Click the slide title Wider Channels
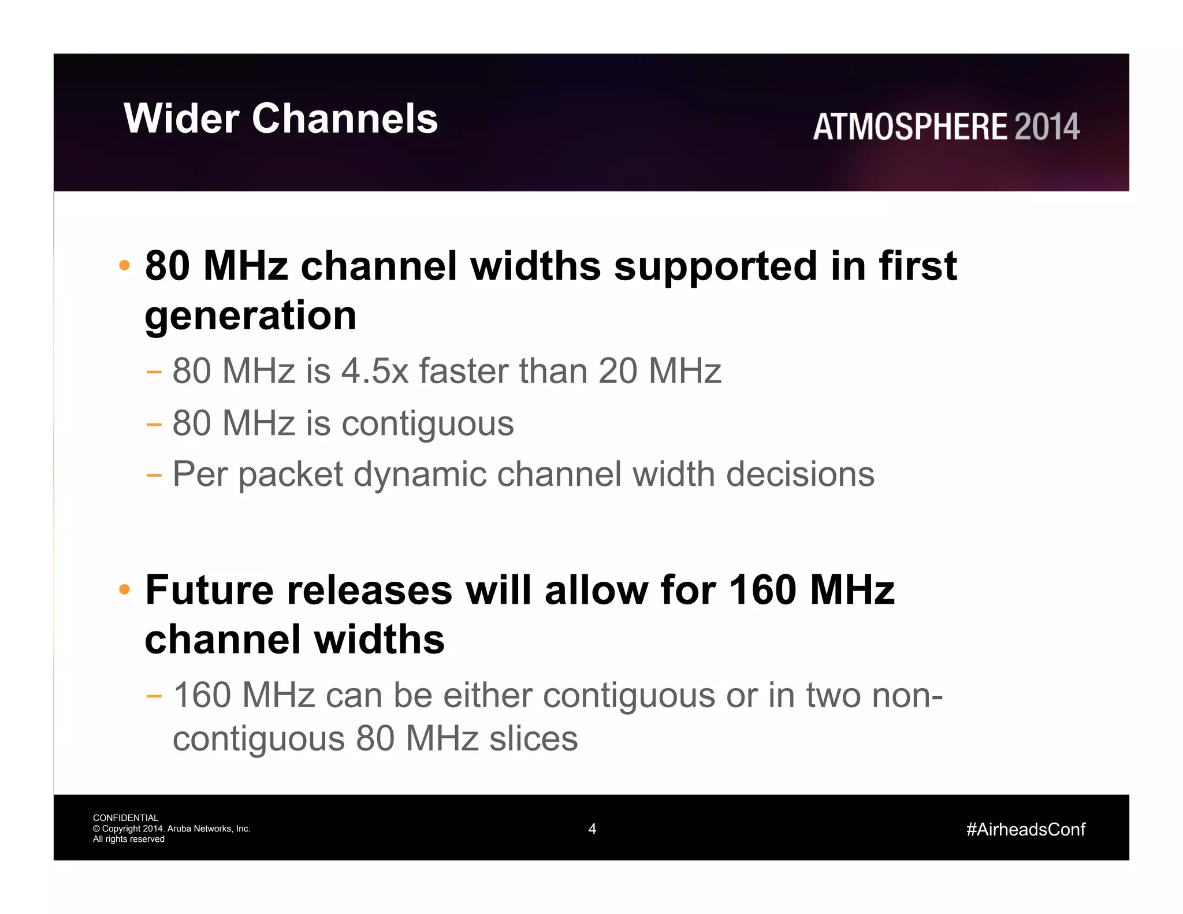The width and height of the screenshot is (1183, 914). [281, 118]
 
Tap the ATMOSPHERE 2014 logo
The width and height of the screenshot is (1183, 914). [946, 127]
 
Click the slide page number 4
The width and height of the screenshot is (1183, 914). [592, 829]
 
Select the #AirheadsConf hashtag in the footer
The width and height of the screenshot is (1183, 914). [1025, 830]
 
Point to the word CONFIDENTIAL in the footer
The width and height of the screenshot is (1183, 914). [125, 818]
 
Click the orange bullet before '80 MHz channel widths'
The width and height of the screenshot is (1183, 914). [124, 266]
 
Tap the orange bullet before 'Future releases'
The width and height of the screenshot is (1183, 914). [124, 590]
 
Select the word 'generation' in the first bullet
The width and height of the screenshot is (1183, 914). [251, 316]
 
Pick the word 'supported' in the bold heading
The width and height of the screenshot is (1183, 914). [715, 266]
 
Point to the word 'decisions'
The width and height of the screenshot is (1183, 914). [800, 474]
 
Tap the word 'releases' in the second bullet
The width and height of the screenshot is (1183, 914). [370, 590]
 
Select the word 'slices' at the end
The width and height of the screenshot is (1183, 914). [533, 738]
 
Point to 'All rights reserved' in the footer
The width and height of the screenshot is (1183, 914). [129, 839]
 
